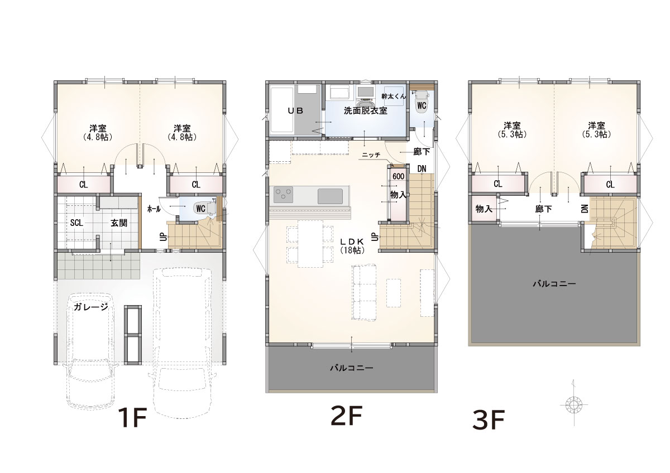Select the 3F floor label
click(x=489, y=419)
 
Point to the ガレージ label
click(x=90, y=307)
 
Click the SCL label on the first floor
click(x=76, y=223)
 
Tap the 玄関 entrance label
click(x=119, y=223)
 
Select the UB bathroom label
click(x=295, y=111)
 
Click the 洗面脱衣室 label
click(x=366, y=111)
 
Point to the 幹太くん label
click(x=394, y=96)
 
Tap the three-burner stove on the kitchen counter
click(x=283, y=195)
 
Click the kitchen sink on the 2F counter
click(x=330, y=196)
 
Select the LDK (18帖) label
click(x=352, y=246)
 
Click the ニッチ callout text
click(x=371, y=155)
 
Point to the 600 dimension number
click(x=399, y=176)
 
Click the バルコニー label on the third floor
click(x=554, y=283)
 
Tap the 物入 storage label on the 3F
click(x=484, y=209)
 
